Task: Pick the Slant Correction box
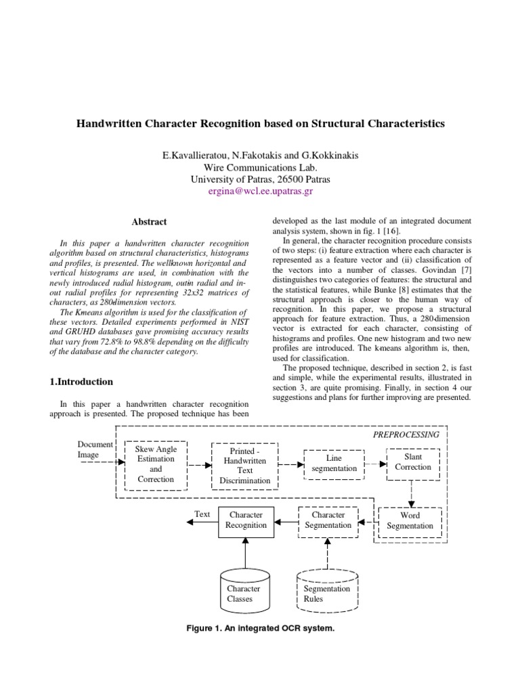(x=413, y=462)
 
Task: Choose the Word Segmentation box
(x=410, y=520)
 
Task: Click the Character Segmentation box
(x=328, y=520)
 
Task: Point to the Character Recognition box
(x=246, y=520)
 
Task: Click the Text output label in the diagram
(x=202, y=514)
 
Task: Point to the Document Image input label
(x=95, y=449)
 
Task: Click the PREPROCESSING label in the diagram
(x=406, y=434)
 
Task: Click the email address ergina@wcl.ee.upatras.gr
(x=261, y=192)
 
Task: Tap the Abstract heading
(x=148, y=222)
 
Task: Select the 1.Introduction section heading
(x=82, y=382)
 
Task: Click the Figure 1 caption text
(x=260, y=629)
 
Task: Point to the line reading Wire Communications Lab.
(x=260, y=168)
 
